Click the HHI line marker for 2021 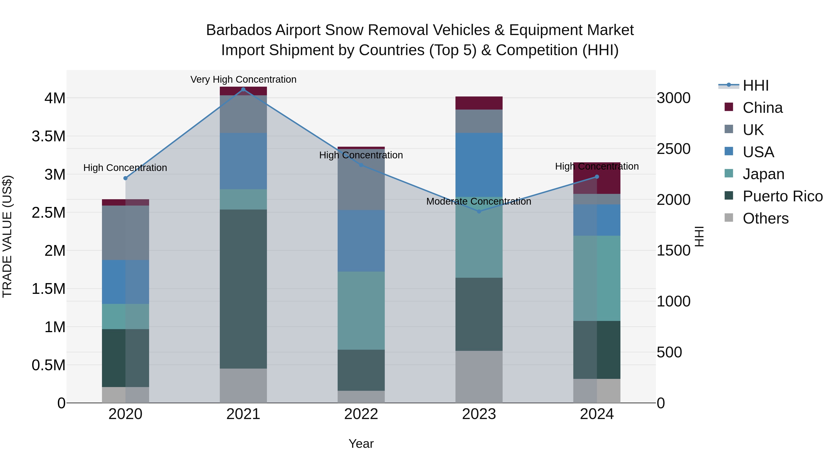[x=243, y=89]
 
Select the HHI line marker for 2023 [x=479, y=212]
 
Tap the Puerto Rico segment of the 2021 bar [x=243, y=289]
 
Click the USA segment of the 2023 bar [x=479, y=165]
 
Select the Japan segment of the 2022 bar [x=361, y=310]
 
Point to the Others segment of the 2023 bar [x=479, y=377]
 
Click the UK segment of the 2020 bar [x=126, y=232]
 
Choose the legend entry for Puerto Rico [x=783, y=196]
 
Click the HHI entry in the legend [x=756, y=85]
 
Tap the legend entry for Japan [x=763, y=174]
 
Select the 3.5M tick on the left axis [x=49, y=136]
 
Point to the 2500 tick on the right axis [x=673, y=149]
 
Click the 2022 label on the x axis [x=361, y=414]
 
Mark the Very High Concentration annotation [x=243, y=79]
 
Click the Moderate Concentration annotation [x=479, y=201]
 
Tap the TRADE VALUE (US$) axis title [x=7, y=236]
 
